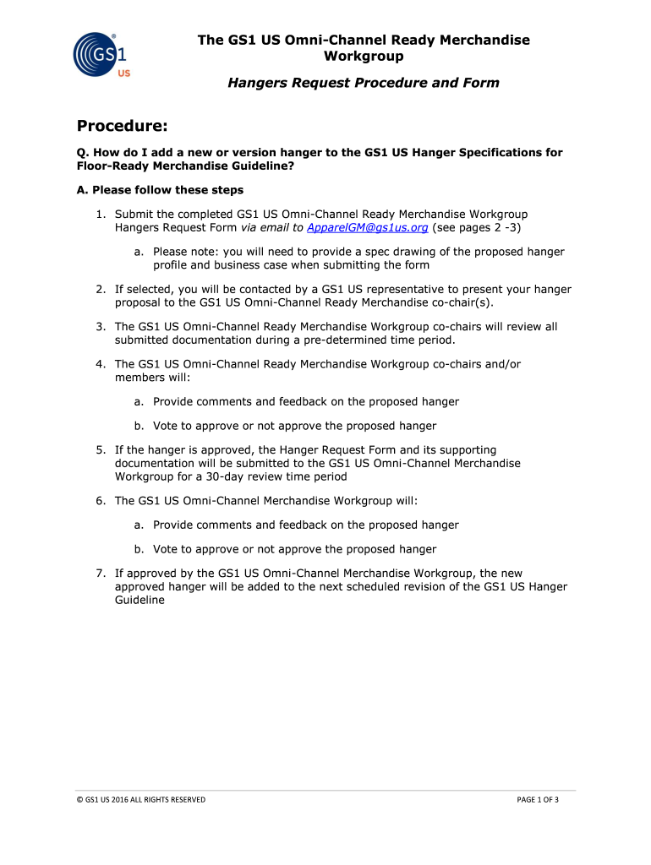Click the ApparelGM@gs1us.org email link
(368, 228)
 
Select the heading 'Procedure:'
(123, 126)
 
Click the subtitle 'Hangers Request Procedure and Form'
(364, 83)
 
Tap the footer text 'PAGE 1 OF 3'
(538, 799)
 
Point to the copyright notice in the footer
(140, 799)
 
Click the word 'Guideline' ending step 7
(139, 600)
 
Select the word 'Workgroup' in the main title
(364, 56)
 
